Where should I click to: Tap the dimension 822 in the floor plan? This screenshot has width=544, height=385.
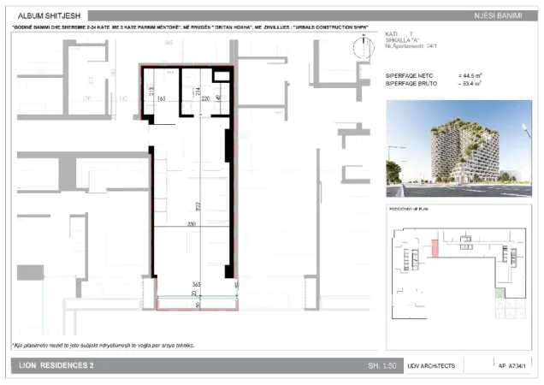tap(198, 205)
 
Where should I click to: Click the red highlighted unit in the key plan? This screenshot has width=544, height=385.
tap(435, 249)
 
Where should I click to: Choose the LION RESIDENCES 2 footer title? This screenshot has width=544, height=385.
tap(56, 366)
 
